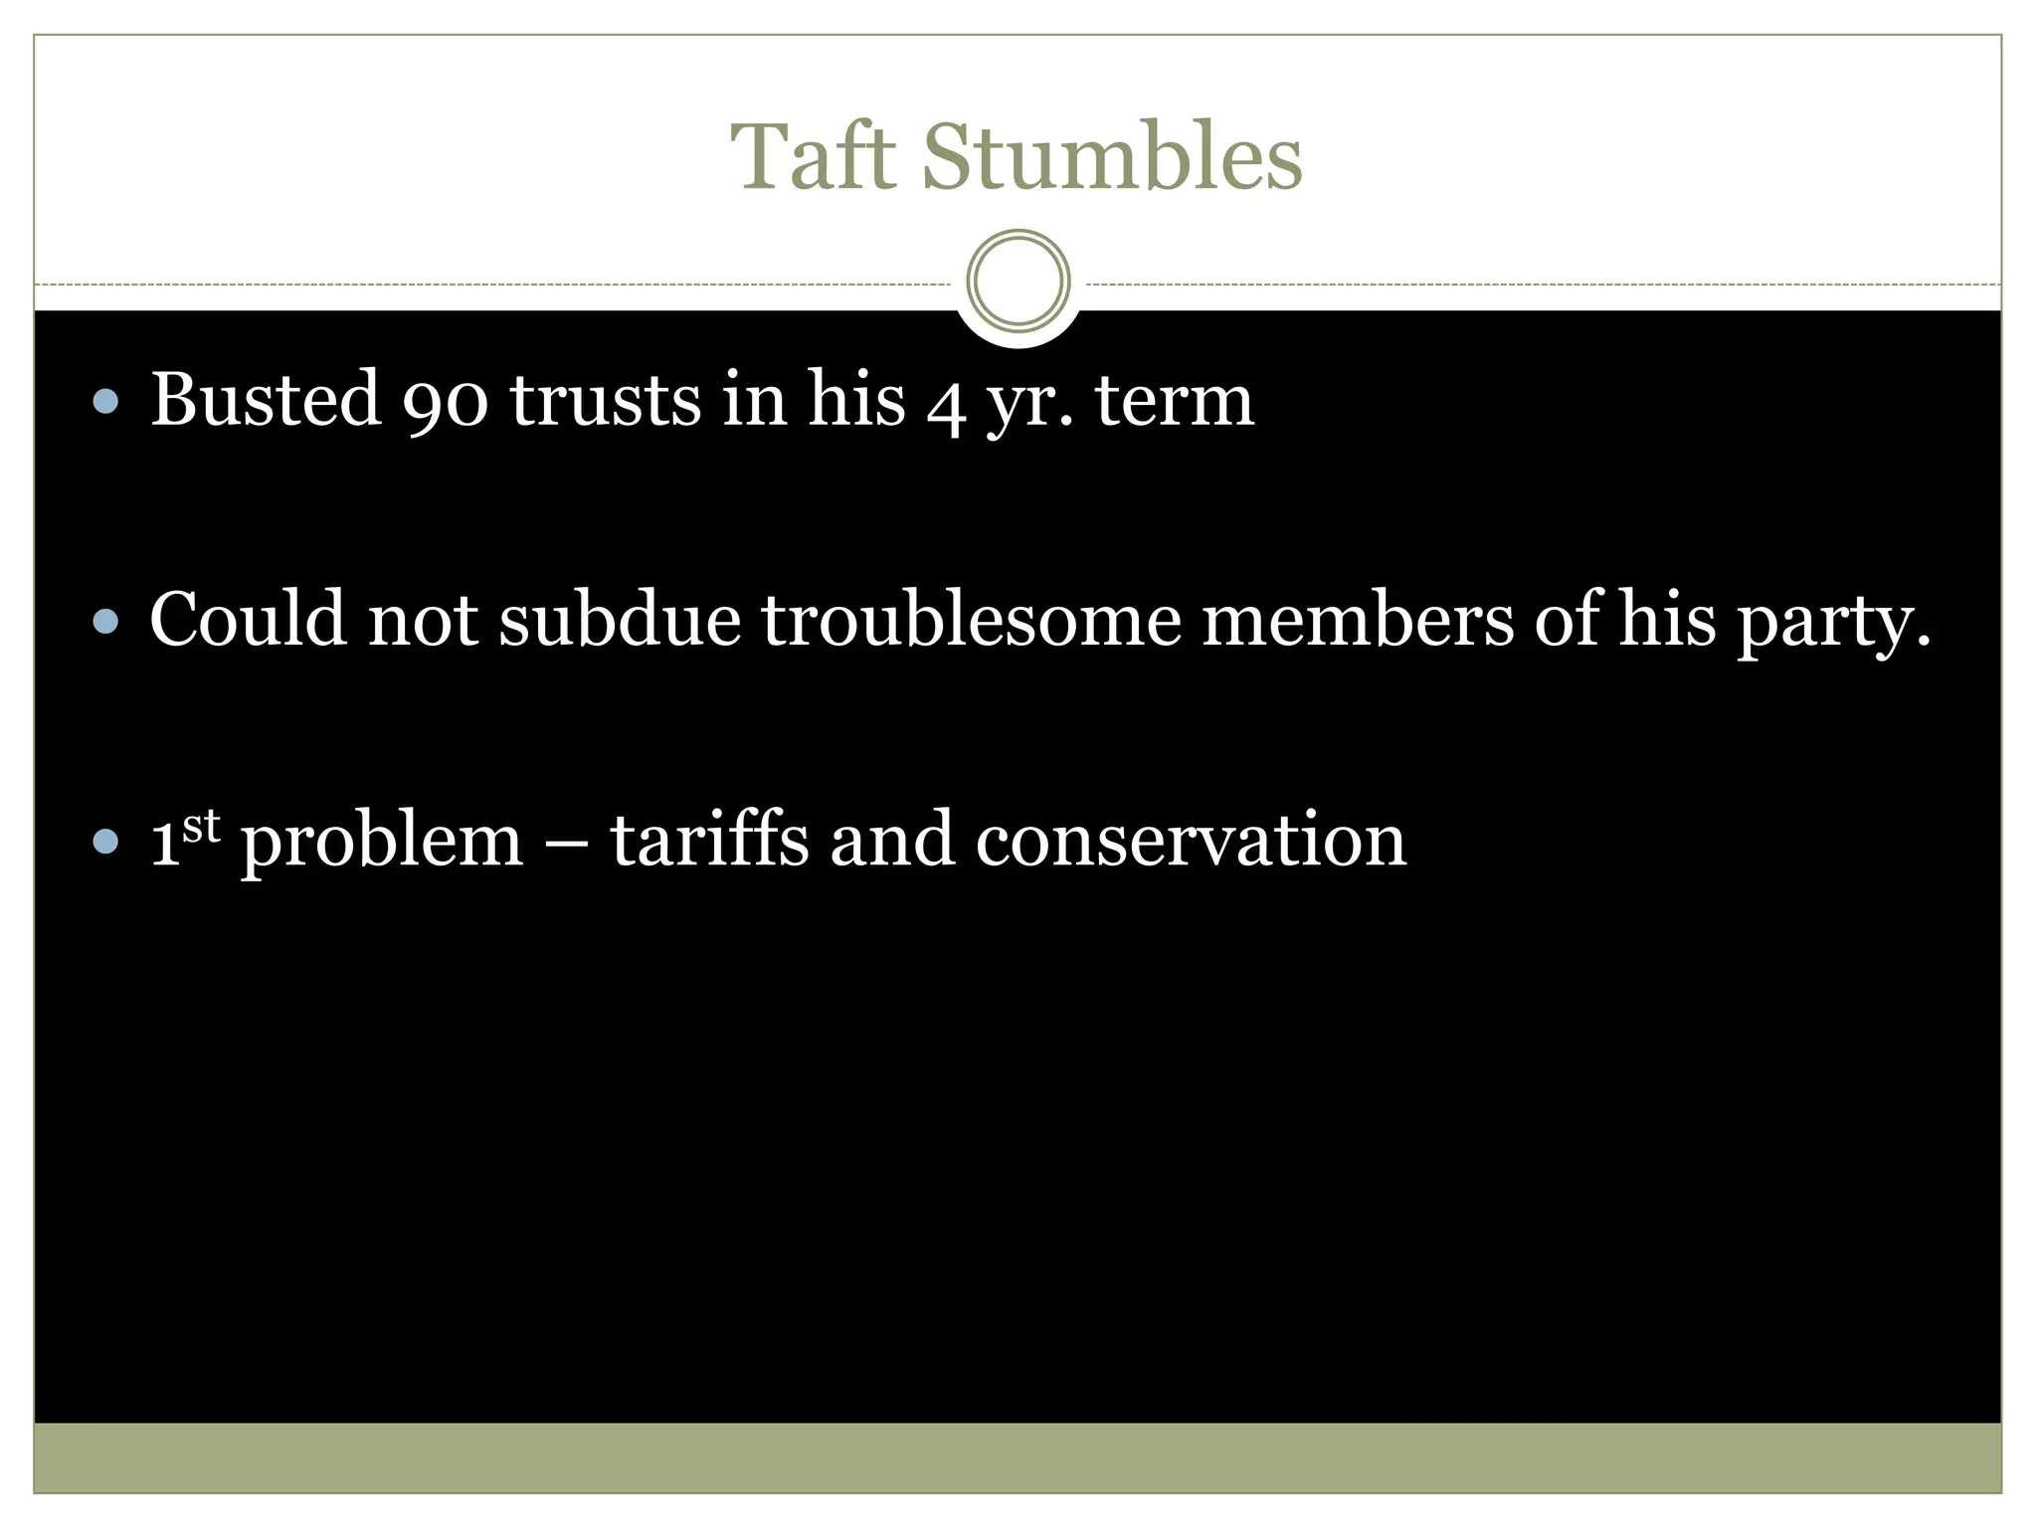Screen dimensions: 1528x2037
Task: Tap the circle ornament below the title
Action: click(1018, 281)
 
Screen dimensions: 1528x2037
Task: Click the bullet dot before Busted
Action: click(105, 402)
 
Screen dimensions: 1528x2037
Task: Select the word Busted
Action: click(266, 400)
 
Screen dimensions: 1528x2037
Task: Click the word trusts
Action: click(606, 400)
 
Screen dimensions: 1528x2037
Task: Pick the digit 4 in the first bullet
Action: click(945, 406)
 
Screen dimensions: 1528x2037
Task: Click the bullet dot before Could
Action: click(105, 623)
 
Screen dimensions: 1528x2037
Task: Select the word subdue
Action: click(620, 620)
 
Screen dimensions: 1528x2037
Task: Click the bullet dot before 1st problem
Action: click(105, 844)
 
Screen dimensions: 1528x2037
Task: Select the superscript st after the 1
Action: click(201, 826)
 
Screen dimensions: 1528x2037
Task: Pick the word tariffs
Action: click(708, 840)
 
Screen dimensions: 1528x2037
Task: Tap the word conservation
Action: click(1191, 842)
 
